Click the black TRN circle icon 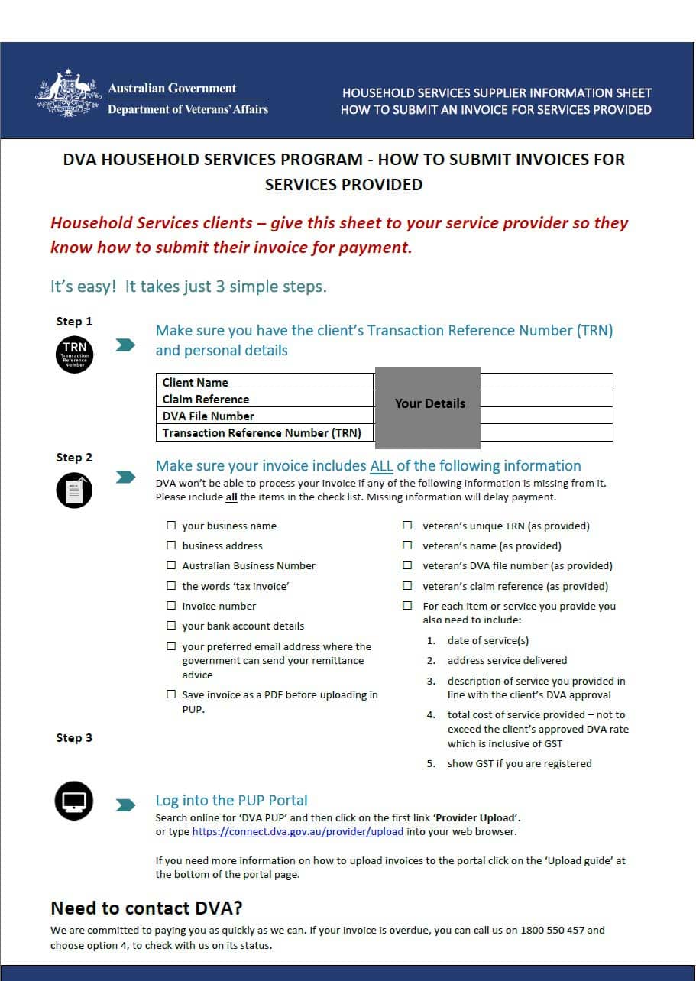(x=75, y=354)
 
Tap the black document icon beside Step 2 (x=75, y=490)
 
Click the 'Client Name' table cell (x=264, y=382)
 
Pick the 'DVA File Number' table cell (x=264, y=416)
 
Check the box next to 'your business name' (x=171, y=526)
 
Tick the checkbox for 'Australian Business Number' (x=171, y=565)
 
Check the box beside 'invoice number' (x=171, y=606)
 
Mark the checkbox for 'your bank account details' (x=171, y=626)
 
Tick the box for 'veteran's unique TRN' (x=408, y=526)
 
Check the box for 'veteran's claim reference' (x=408, y=586)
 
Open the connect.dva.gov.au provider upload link (x=297, y=831)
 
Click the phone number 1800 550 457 (x=552, y=930)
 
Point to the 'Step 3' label (x=74, y=737)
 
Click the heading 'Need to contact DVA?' (x=146, y=908)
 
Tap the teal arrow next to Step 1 (x=125, y=345)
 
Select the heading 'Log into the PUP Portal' (x=231, y=800)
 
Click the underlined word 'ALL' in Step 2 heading (x=381, y=465)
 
